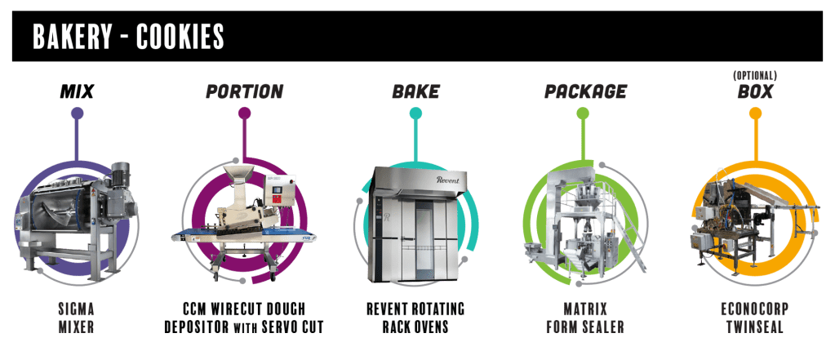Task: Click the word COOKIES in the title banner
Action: coord(180,36)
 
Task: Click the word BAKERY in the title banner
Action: coord(73,36)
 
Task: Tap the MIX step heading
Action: coord(78,92)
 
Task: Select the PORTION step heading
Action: coord(244,92)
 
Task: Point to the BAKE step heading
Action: coord(416,92)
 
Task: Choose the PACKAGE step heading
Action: coord(585,92)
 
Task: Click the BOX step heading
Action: coord(755,92)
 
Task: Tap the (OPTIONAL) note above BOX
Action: coord(755,76)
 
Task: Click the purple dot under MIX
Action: coord(78,113)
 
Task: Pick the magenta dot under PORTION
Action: coord(244,113)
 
